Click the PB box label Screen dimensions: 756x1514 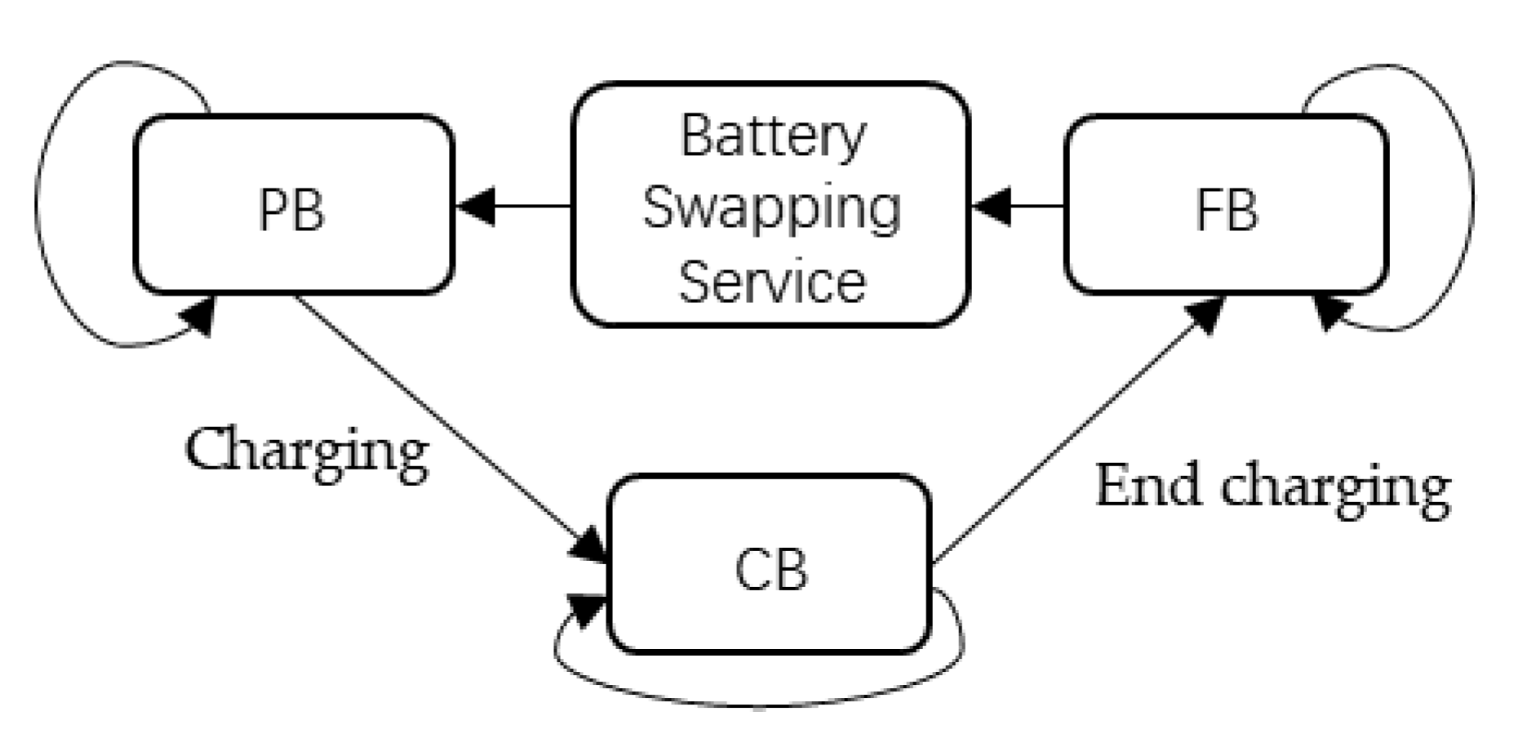click(x=291, y=211)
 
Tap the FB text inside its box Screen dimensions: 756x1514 click(x=1226, y=211)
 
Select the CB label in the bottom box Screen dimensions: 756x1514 click(x=770, y=569)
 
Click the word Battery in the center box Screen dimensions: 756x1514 click(x=772, y=136)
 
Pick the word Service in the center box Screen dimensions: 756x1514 click(x=772, y=282)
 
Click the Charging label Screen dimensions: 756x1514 click(x=307, y=451)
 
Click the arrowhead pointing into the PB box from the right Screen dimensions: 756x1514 click(x=476, y=206)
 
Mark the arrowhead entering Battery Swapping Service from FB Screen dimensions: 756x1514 click(x=992, y=206)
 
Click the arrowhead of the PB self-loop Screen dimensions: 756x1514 click(x=200, y=316)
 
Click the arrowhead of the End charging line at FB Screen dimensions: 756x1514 click(x=1205, y=314)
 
